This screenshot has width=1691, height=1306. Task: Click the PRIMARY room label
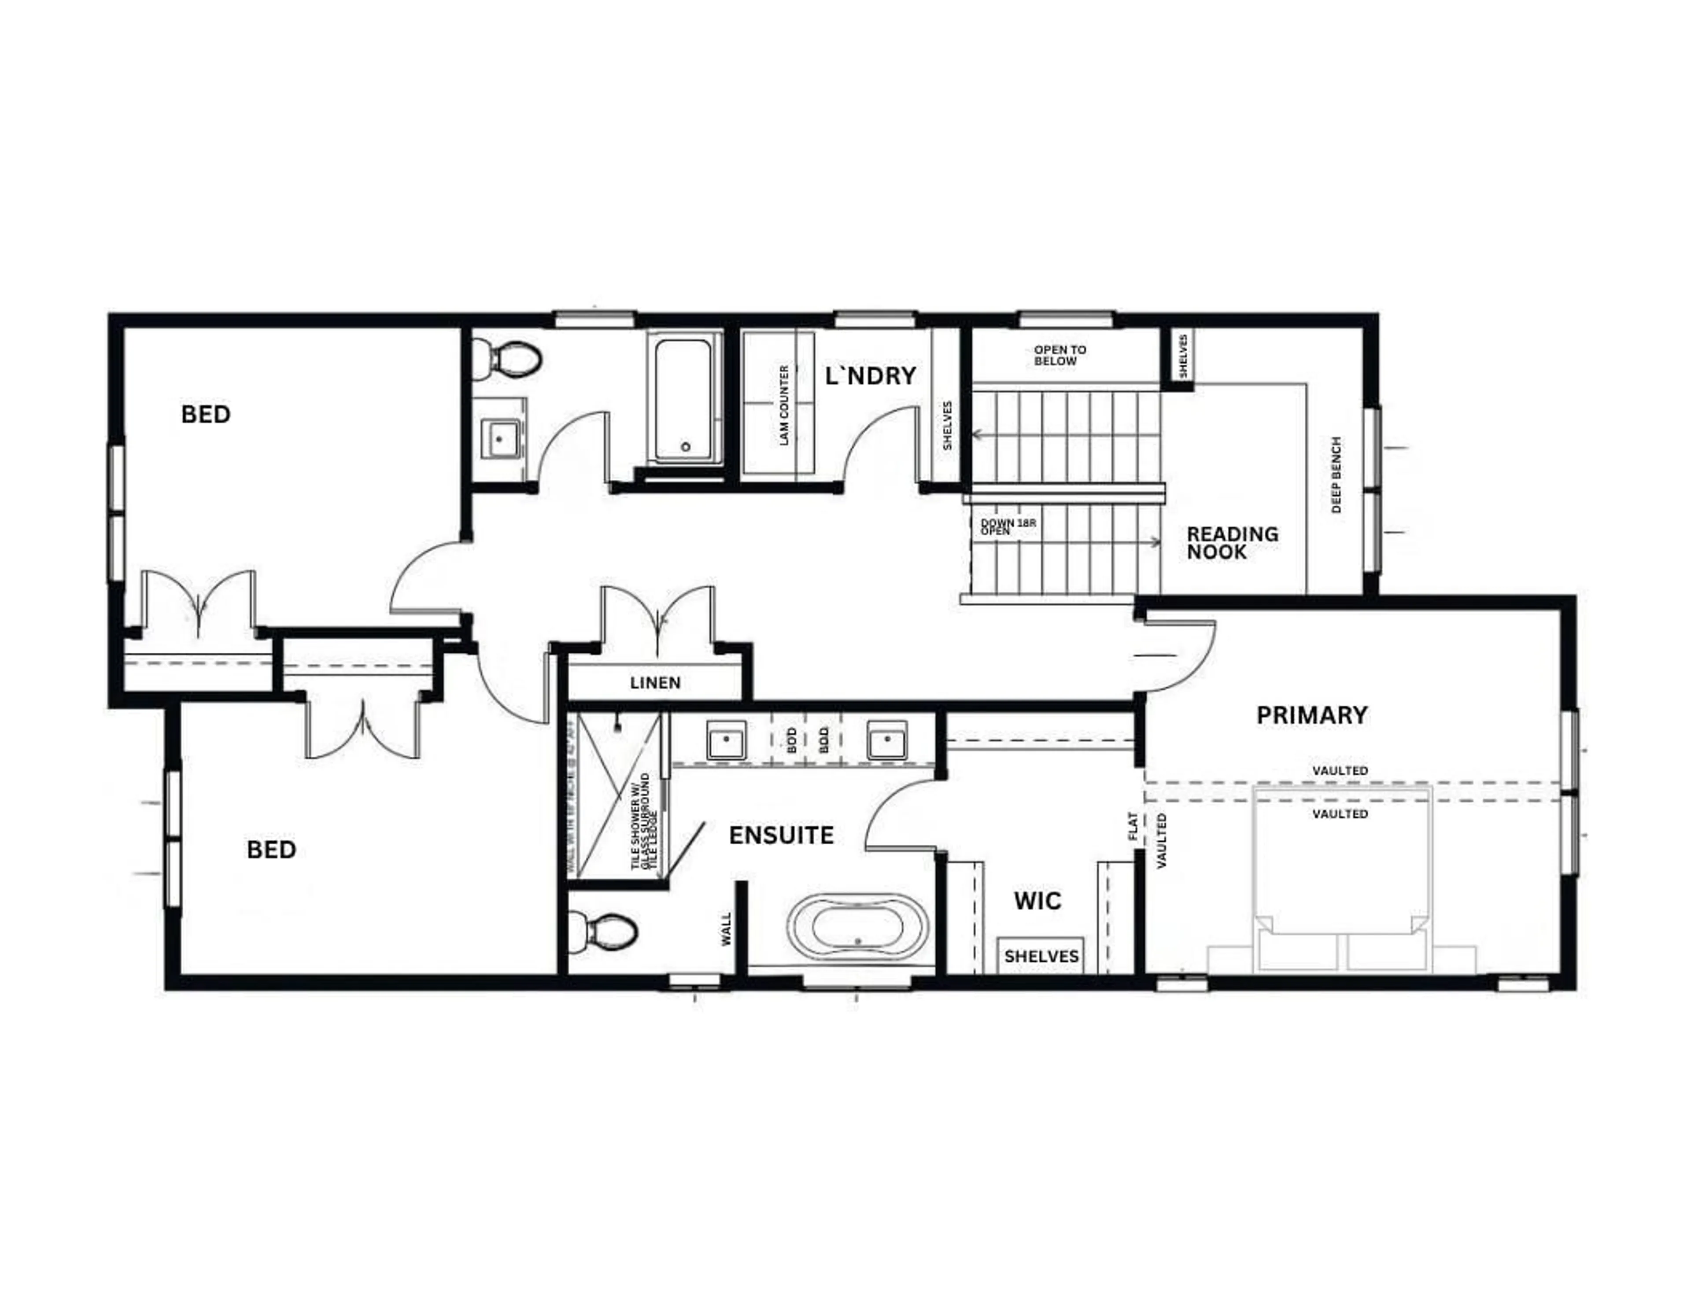pyautogui.click(x=1311, y=714)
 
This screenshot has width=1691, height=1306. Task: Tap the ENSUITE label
pyautogui.click(x=781, y=835)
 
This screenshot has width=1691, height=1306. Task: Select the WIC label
pyautogui.click(x=1037, y=900)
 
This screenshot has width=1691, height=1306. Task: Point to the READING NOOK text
pyautogui.click(x=1232, y=543)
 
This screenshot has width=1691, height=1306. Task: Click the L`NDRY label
pyautogui.click(x=870, y=376)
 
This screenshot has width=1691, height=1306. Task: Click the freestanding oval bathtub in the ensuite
pyautogui.click(x=858, y=927)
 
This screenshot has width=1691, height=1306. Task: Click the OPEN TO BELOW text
pyautogui.click(x=1059, y=355)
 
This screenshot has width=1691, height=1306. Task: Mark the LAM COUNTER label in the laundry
pyautogui.click(x=783, y=405)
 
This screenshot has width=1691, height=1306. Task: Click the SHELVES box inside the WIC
pyautogui.click(x=1041, y=956)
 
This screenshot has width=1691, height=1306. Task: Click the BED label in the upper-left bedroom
pyautogui.click(x=206, y=415)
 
